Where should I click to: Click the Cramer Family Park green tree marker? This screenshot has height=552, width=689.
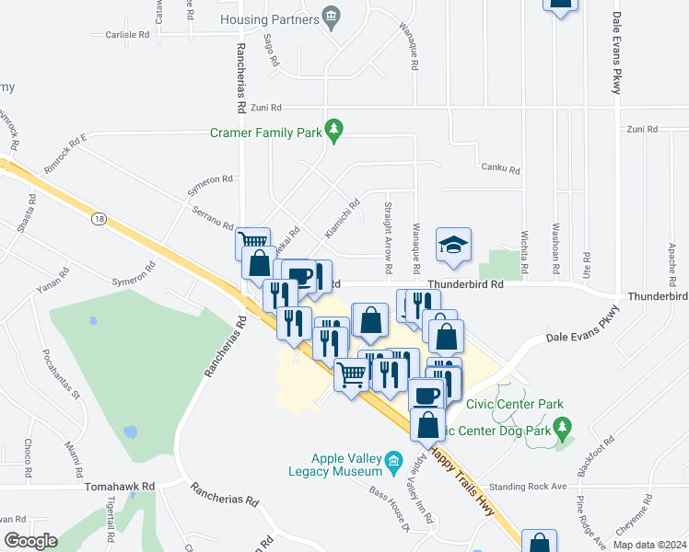(335, 132)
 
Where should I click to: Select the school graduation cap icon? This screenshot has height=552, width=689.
(453, 245)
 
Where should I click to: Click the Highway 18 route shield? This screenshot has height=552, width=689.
(99, 218)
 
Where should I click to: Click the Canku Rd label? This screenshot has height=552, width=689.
(500, 169)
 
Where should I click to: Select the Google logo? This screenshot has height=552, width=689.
(30, 542)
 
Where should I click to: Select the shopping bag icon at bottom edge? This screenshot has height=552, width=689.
(539, 543)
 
